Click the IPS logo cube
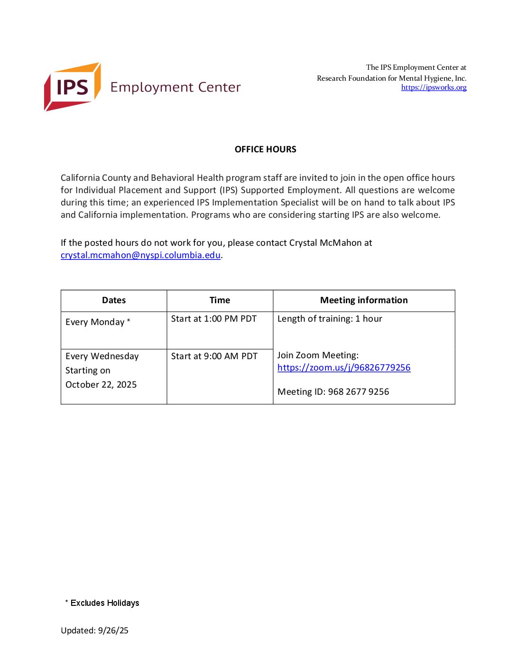[x=72, y=87]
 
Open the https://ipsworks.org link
[x=433, y=87]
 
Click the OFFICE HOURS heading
[x=265, y=149]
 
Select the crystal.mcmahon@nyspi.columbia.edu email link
[x=140, y=255]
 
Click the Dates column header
[x=114, y=300]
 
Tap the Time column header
[x=220, y=300]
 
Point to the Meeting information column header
[x=364, y=300]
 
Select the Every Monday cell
[x=98, y=322]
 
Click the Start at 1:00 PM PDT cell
[x=214, y=319]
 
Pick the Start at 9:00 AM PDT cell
[x=214, y=356]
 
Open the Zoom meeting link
[x=344, y=368]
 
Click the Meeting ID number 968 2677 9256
[x=359, y=392]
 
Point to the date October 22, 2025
[x=101, y=385]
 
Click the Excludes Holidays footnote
[x=104, y=603]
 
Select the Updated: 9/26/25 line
[x=94, y=631]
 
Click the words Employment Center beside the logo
[x=175, y=87]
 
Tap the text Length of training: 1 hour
[x=330, y=319]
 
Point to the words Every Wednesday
[x=102, y=356]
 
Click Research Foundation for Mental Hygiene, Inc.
[x=391, y=78]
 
